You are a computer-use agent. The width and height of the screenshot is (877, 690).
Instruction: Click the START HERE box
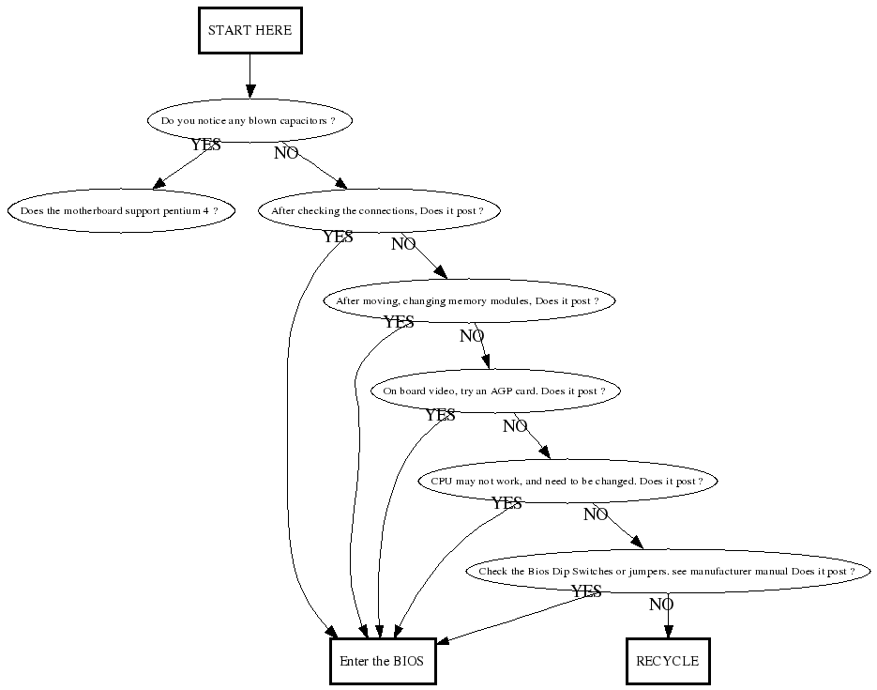(249, 30)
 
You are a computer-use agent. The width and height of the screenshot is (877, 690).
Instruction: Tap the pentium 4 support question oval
(120, 211)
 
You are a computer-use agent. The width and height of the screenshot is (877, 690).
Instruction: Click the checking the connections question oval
(378, 211)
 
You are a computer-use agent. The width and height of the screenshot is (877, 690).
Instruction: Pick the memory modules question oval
(468, 301)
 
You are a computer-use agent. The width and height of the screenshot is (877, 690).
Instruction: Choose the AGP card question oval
(495, 391)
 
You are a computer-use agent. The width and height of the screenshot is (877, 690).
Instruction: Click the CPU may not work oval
(567, 482)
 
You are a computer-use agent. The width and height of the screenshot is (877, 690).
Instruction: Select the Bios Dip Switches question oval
(667, 572)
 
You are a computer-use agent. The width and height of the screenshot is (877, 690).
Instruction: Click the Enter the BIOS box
(382, 661)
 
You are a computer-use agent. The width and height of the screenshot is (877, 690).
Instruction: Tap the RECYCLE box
(667, 661)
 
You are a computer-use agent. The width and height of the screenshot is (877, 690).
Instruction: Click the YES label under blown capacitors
(206, 146)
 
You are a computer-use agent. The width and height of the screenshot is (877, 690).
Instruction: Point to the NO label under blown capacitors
(286, 153)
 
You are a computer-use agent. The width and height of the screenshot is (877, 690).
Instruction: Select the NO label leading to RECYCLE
(661, 605)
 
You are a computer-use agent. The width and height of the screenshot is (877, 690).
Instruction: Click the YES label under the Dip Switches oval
(586, 591)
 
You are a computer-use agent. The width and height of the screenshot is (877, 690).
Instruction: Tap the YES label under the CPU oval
(507, 504)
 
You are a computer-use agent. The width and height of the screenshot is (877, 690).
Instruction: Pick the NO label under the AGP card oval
(515, 426)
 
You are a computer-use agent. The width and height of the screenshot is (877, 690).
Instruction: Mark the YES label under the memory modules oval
(399, 322)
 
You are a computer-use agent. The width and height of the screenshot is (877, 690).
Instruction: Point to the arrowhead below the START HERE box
(249, 91)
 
